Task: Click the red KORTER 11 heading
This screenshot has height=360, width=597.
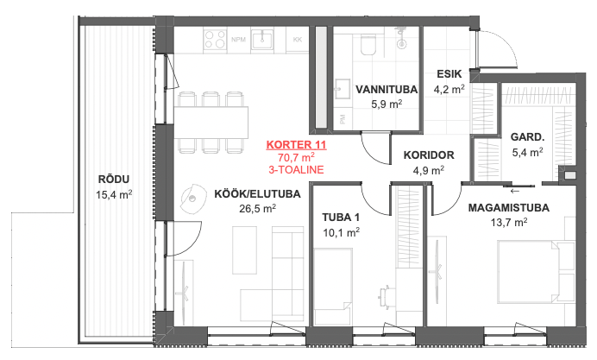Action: tap(296, 145)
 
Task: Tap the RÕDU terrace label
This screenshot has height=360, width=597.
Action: tap(114, 179)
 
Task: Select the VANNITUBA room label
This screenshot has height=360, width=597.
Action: tap(386, 90)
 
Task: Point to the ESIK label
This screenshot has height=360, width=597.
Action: tap(449, 73)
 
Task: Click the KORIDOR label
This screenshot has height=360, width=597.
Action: tap(429, 155)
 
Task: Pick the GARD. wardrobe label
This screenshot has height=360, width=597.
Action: tap(527, 136)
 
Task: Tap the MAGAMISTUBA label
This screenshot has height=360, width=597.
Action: tap(509, 207)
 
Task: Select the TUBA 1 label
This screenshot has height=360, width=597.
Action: tap(341, 218)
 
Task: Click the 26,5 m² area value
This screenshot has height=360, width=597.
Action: tap(258, 208)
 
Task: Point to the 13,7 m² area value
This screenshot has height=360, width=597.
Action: tap(509, 222)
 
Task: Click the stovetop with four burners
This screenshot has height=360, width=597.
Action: tap(215, 39)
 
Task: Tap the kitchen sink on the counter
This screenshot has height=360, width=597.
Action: tap(262, 39)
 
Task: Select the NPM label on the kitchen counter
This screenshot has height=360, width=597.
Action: tap(239, 39)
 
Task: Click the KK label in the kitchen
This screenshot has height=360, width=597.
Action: tap(298, 39)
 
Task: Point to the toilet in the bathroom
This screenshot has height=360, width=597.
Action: tap(368, 45)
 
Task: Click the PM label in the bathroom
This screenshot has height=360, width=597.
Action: tap(342, 120)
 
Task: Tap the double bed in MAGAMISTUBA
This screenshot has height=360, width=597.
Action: tap(536, 272)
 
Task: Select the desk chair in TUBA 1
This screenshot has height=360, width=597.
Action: tap(385, 295)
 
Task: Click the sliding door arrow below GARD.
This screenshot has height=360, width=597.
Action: tap(515, 191)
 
